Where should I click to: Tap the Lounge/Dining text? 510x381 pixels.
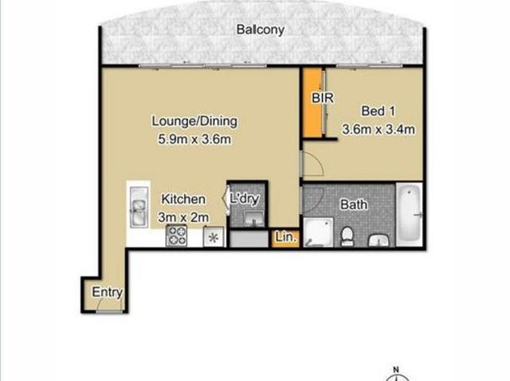pyautogui.click(x=194, y=122)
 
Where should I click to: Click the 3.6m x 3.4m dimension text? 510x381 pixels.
pyautogui.click(x=379, y=128)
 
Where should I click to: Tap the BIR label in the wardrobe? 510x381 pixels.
pyautogui.click(x=322, y=99)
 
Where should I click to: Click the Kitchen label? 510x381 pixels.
pyautogui.click(x=183, y=199)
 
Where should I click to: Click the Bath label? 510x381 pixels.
pyautogui.click(x=354, y=204)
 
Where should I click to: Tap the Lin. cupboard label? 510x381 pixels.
pyautogui.click(x=284, y=237)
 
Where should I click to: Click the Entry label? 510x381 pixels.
pyautogui.click(x=107, y=292)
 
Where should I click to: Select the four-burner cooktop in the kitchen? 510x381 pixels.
pyautogui.click(x=176, y=236)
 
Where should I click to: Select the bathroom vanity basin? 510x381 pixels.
pyautogui.click(x=377, y=239)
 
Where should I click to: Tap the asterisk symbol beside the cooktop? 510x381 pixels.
pyautogui.click(x=213, y=237)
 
